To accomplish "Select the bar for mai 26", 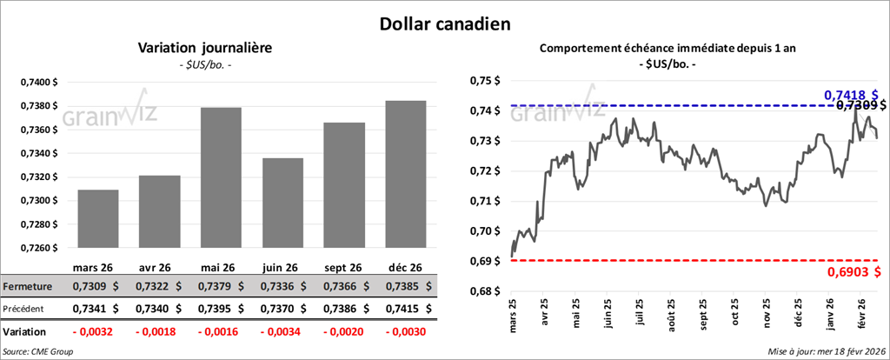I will [x=221, y=177].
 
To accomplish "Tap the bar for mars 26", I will [x=98, y=218].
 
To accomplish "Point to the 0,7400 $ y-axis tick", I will [x=37, y=82].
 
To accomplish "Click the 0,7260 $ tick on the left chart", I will [x=37, y=248].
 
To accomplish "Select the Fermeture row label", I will [x=28, y=286].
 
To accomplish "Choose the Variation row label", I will [x=24, y=331].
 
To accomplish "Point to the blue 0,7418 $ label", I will [x=851, y=94].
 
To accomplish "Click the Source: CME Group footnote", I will [x=37, y=350].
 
